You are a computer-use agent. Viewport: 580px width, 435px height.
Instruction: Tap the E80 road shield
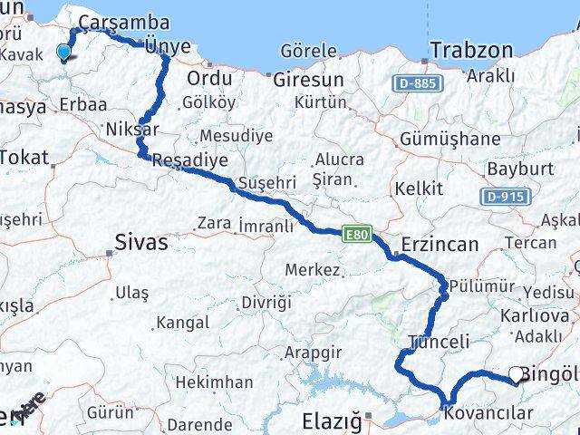(x=355, y=235)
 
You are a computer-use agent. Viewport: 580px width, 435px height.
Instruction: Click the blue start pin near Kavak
(x=63, y=52)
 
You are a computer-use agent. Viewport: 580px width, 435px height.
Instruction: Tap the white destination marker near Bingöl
(x=517, y=373)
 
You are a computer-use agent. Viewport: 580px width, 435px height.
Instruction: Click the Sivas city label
(x=141, y=242)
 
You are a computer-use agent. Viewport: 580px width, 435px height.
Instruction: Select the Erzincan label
(x=440, y=245)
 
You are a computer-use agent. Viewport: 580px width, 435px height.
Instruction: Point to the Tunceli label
(x=439, y=342)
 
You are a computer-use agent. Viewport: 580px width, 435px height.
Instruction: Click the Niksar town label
(x=132, y=128)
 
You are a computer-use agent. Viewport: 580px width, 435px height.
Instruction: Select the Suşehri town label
(x=265, y=182)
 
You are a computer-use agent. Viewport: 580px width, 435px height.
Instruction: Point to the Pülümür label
(x=482, y=286)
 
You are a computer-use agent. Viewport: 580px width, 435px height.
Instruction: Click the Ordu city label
(x=208, y=78)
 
